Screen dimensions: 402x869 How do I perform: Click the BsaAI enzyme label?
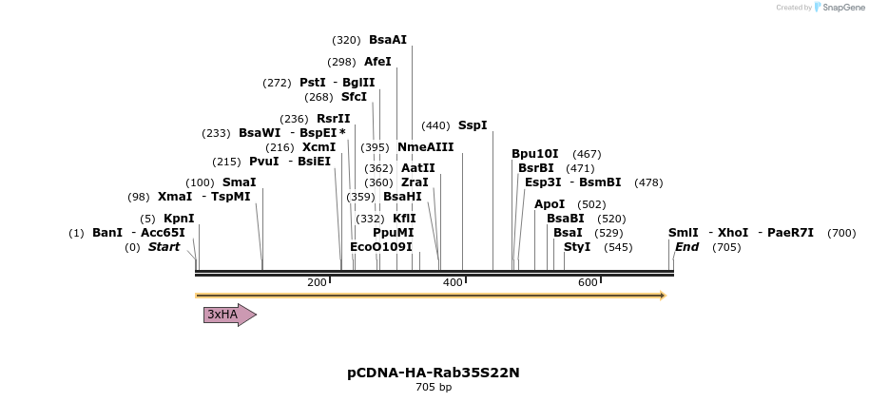point(388,40)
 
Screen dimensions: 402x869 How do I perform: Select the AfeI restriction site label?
point(377,62)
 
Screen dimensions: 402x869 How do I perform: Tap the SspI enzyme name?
point(473,125)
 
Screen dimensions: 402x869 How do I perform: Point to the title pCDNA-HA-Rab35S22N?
point(434,373)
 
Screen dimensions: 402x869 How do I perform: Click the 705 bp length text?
point(434,388)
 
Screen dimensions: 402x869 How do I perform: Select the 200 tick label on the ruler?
point(317,282)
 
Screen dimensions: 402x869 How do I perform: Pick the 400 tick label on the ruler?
point(452,282)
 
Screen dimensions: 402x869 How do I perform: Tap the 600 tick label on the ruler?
point(588,282)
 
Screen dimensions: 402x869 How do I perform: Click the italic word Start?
point(164,247)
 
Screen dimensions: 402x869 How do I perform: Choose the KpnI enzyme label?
point(179,219)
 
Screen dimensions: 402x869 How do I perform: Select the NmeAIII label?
point(425,147)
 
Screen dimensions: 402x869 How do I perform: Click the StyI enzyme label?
point(577,247)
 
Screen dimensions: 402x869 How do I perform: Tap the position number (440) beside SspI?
point(435,125)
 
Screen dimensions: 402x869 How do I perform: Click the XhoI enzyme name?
point(733,233)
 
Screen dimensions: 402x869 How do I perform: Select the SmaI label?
point(239,182)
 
